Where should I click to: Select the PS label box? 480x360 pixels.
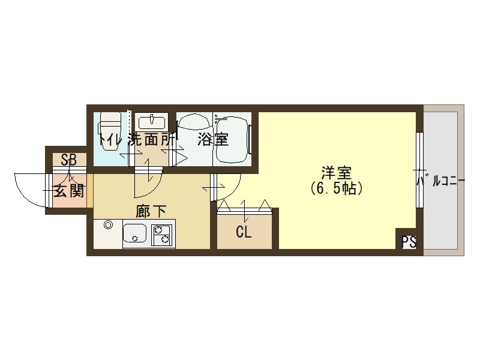click(x=409, y=242)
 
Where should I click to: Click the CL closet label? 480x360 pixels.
click(x=244, y=232)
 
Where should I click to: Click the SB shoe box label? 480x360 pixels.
click(x=68, y=160)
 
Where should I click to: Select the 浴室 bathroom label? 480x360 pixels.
click(x=212, y=140)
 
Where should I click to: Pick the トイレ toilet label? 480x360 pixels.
click(x=112, y=140)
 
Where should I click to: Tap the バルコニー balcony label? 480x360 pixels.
click(x=441, y=179)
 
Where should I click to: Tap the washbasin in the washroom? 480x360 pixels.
click(x=151, y=122)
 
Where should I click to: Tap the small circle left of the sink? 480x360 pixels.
click(x=108, y=226)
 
